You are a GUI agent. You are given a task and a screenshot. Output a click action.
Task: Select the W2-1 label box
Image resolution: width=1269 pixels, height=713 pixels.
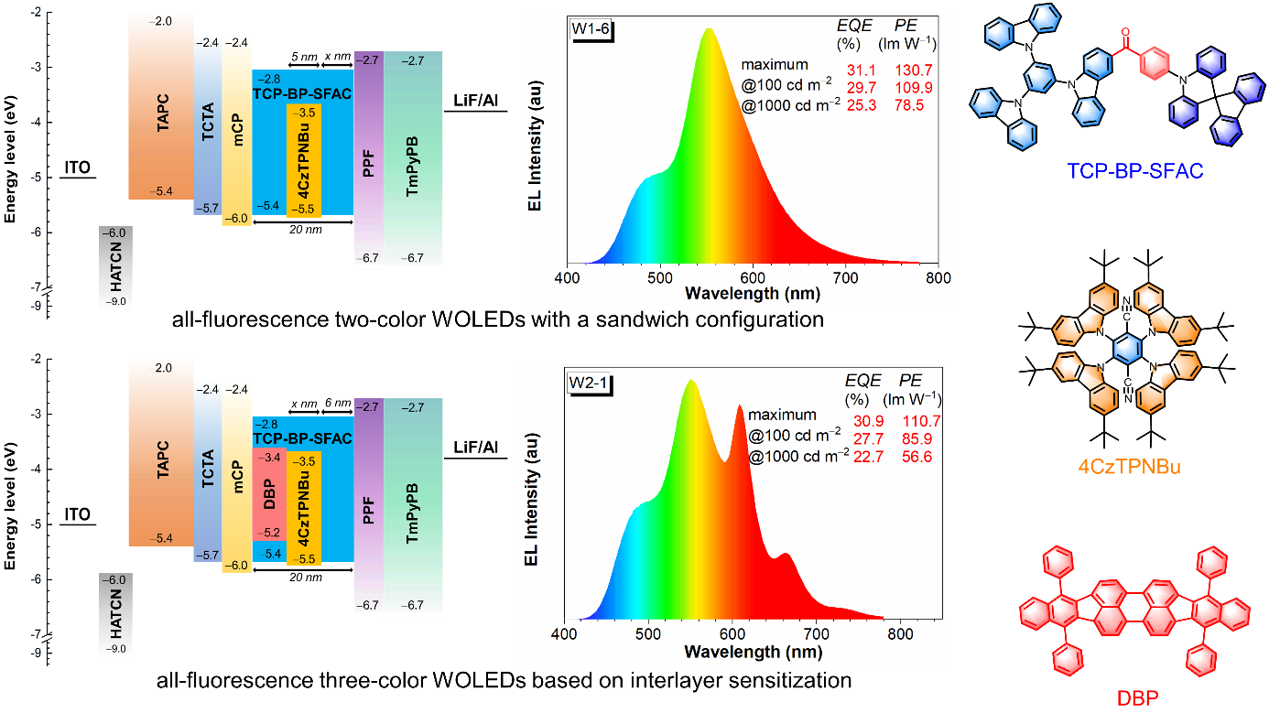coord(589,382)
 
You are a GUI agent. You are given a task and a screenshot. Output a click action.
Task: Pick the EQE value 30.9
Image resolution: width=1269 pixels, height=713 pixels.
coord(863,422)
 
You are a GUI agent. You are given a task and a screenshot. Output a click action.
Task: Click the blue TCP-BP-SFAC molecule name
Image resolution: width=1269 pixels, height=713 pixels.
coord(1134,170)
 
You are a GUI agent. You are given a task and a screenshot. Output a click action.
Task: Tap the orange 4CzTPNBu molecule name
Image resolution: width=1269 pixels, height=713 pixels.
coord(1129,467)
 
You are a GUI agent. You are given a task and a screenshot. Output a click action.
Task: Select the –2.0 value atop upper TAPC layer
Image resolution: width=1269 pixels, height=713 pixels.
coord(163,20)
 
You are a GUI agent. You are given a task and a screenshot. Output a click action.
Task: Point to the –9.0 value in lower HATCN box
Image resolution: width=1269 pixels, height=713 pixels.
coord(116,649)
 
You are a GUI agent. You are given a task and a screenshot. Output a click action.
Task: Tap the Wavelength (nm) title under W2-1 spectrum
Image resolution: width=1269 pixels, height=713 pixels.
coord(753,652)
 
